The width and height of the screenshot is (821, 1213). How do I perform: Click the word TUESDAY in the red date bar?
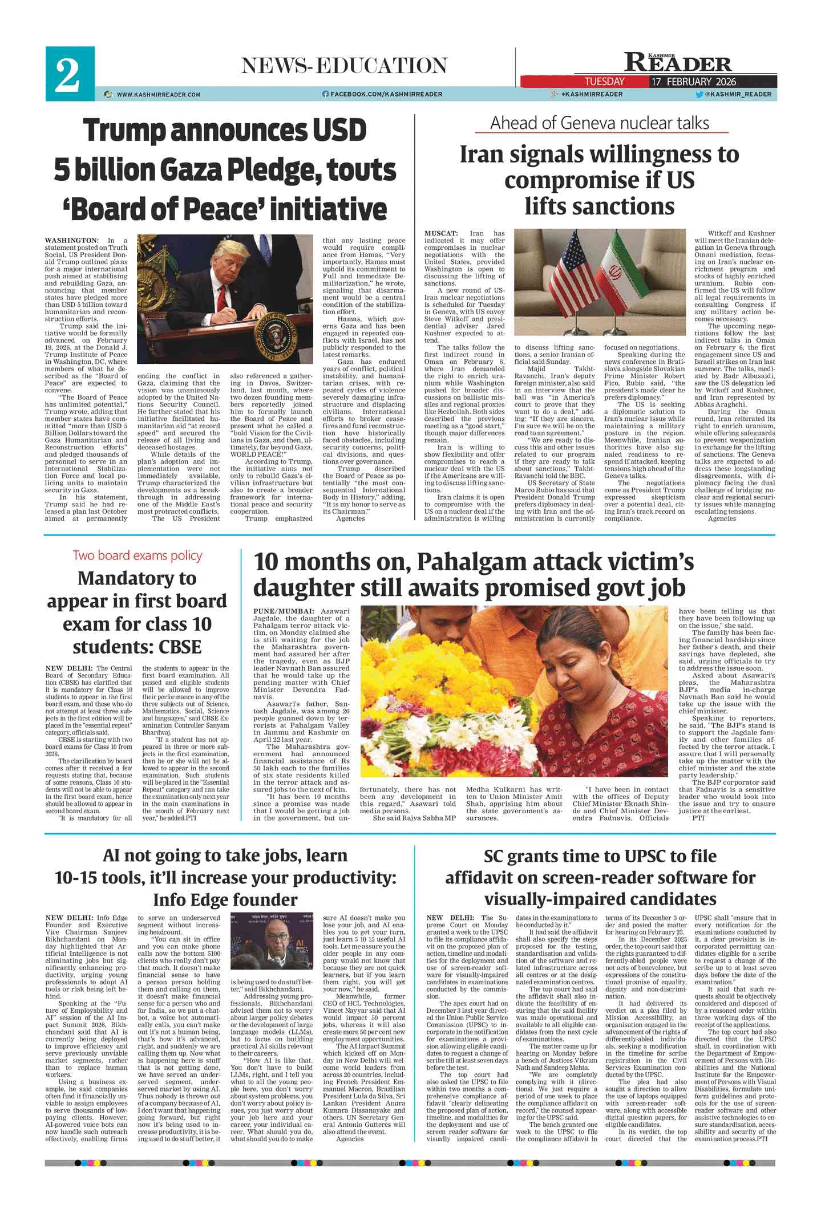(604, 82)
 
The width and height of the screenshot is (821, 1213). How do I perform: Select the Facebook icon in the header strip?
(325, 94)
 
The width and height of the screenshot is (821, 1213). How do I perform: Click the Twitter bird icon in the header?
(699, 94)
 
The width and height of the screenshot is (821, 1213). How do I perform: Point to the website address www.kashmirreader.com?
(158, 95)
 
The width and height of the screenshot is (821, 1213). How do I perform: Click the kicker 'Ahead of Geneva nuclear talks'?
(600, 123)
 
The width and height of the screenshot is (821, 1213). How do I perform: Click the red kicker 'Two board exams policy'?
(137, 555)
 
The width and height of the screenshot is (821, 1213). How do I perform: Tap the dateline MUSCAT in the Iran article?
(441, 233)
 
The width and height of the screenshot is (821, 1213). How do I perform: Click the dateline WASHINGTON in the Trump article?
(71, 241)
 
